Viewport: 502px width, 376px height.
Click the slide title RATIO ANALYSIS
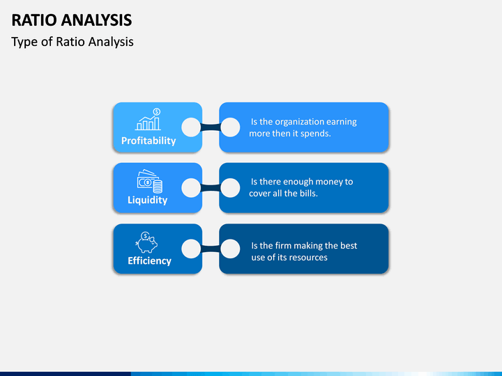pos(71,19)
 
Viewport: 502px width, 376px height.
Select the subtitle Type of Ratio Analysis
pos(73,42)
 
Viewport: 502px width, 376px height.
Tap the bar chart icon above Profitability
pos(148,119)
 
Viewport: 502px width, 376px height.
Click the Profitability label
pos(149,141)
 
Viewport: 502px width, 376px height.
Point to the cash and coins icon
pos(150,181)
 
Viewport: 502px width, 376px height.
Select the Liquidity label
pos(148,200)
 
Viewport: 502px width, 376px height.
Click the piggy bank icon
pos(146,242)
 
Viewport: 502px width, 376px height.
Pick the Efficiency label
pos(149,261)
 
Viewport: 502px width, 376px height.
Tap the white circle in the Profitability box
pos(191,127)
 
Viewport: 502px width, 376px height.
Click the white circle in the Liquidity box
pos(191,188)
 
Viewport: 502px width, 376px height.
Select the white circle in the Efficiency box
pos(191,249)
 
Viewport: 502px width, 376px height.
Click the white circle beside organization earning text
pos(230,127)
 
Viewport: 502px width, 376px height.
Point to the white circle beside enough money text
pos(230,188)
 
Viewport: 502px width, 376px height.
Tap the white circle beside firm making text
pos(230,249)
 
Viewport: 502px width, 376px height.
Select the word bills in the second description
pos(307,194)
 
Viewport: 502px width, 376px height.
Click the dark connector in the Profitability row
pos(211,127)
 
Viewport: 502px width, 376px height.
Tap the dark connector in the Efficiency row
pos(211,249)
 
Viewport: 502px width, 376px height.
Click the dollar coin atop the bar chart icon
pos(157,111)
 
